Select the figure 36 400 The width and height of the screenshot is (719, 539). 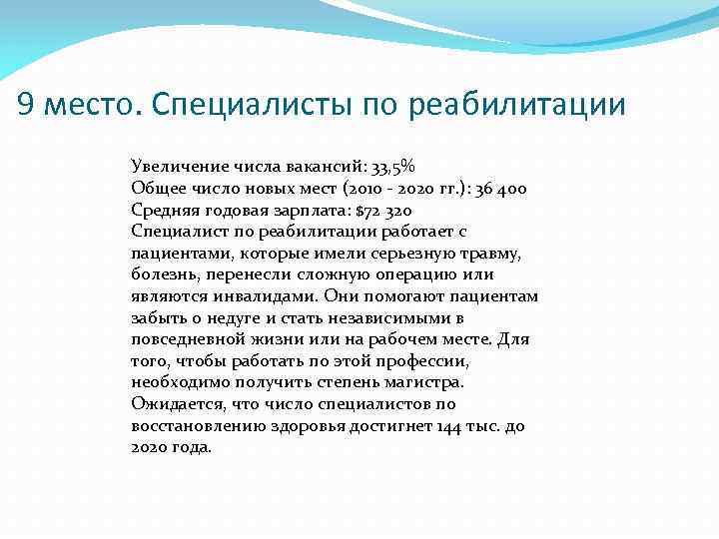click(491, 189)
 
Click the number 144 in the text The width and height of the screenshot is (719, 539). click(450, 426)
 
